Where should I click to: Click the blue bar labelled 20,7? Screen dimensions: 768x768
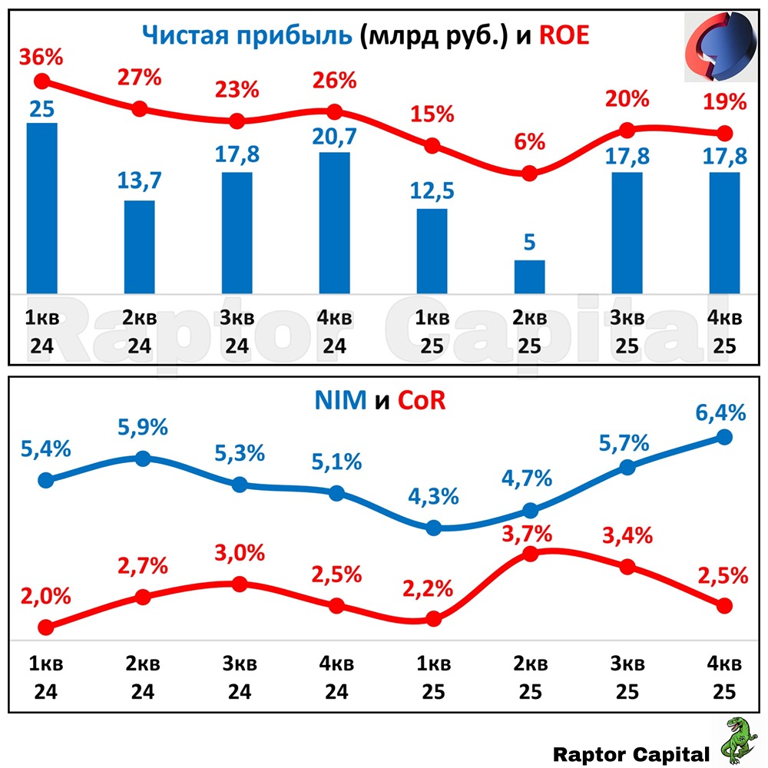(x=335, y=222)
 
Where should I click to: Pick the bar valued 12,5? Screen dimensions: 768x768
(x=432, y=250)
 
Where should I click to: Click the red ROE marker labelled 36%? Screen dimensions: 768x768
(x=43, y=81)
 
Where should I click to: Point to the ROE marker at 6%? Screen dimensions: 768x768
(x=529, y=174)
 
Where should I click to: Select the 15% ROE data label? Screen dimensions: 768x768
(x=432, y=114)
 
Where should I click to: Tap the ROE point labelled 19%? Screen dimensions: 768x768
(x=724, y=133)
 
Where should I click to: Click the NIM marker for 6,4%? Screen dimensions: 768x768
(x=724, y=437)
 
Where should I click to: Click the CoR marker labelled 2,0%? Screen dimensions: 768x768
(x=44, y=627)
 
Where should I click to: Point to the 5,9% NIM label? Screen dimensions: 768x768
(x=142, y=427)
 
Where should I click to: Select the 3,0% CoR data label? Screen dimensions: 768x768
(x=240, y=553)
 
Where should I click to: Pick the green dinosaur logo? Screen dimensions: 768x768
(x=738, y=740)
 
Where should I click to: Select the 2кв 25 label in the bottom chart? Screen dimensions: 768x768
(x=529, y=677)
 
